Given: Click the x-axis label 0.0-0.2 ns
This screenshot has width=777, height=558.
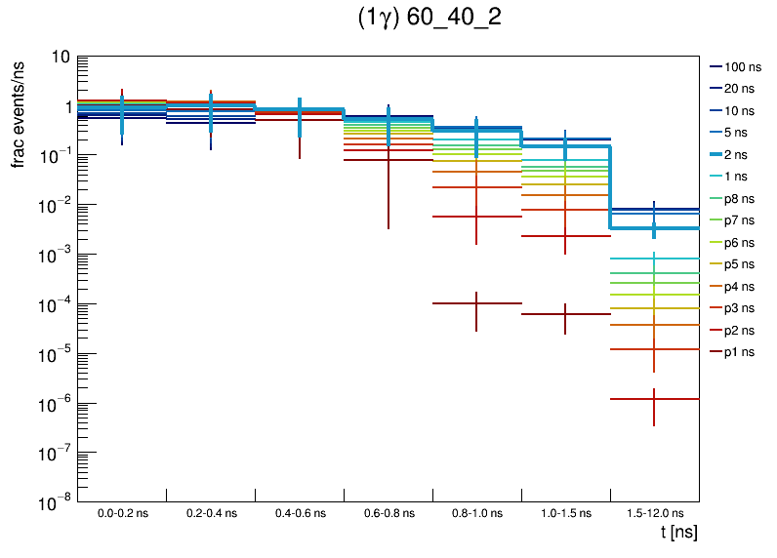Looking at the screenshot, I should pos(122,513).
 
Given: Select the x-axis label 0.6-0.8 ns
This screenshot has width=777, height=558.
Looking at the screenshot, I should pos(388,513).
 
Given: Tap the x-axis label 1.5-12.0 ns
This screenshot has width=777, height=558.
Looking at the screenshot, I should pos(654,513).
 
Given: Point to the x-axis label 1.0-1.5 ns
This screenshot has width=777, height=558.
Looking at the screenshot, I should pos(565,513).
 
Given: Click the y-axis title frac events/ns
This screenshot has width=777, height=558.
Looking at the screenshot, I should pos(19,112).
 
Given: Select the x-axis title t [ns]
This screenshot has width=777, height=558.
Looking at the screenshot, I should pos(678,533).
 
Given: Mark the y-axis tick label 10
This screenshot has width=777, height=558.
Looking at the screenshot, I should pos(59,58).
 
